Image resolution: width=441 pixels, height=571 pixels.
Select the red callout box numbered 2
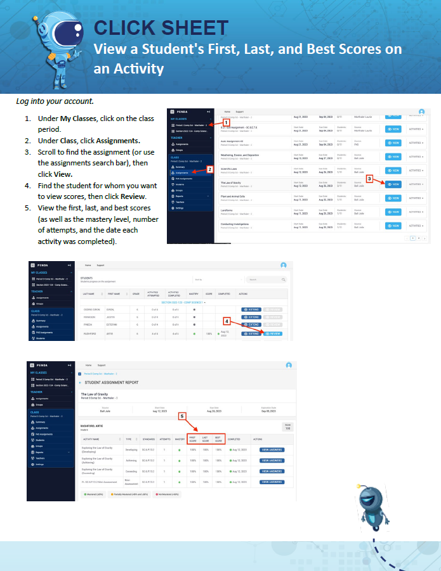pyautogui.click(x=210, y=169)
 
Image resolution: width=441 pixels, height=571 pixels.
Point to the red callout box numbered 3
pyautogui.click(x=370, y=179)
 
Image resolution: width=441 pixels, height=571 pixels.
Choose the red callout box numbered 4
pyautogui.click(x=227, y=321)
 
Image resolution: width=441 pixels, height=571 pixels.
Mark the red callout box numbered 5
pyautogui.click(x=182, y=416)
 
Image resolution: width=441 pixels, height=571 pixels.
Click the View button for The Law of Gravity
pyautogui.click(x=393, y=184)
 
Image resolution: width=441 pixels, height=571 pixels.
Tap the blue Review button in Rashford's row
pyautogui.click(x=272, y=333)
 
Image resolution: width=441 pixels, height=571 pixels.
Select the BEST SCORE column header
pyautogui.click(x=218, y=439)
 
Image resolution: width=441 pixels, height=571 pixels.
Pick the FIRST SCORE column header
pyautogui.click(x=193, y=439)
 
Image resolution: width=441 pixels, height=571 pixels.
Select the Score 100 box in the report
pyautogui.click(x=287, y=427)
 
